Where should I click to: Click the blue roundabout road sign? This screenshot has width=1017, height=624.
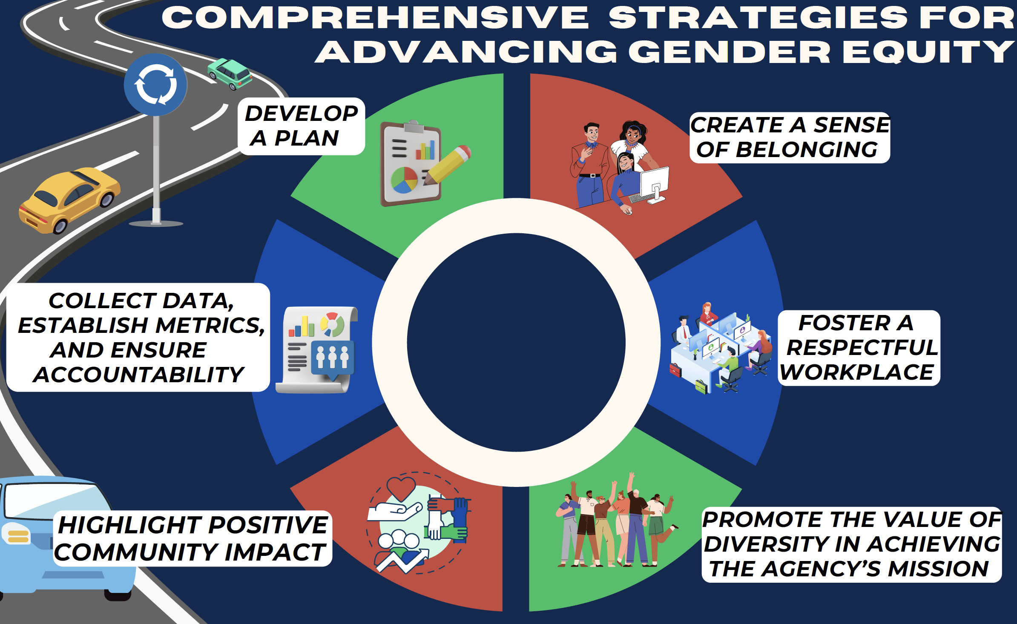[x=155, y=85]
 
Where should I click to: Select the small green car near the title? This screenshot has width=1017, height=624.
[x=230, y=74]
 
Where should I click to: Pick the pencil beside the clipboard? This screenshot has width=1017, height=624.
[x=447, y=165]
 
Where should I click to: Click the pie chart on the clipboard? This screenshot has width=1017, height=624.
[x=404, y=180]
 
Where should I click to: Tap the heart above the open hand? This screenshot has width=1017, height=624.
[x=401, y=489]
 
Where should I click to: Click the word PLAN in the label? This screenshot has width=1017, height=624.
[x=306, y=138]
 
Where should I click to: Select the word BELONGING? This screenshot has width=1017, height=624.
[x=807, y=150]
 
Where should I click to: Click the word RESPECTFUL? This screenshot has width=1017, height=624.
[x=862, y=348]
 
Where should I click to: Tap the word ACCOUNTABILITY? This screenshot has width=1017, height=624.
[x=139, y=375]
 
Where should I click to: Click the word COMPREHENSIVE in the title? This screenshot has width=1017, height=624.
[x=375, y=18]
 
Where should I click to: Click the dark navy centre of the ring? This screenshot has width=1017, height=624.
[x=516, y=342]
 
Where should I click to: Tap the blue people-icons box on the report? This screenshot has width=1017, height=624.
[x=333, y=358]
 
